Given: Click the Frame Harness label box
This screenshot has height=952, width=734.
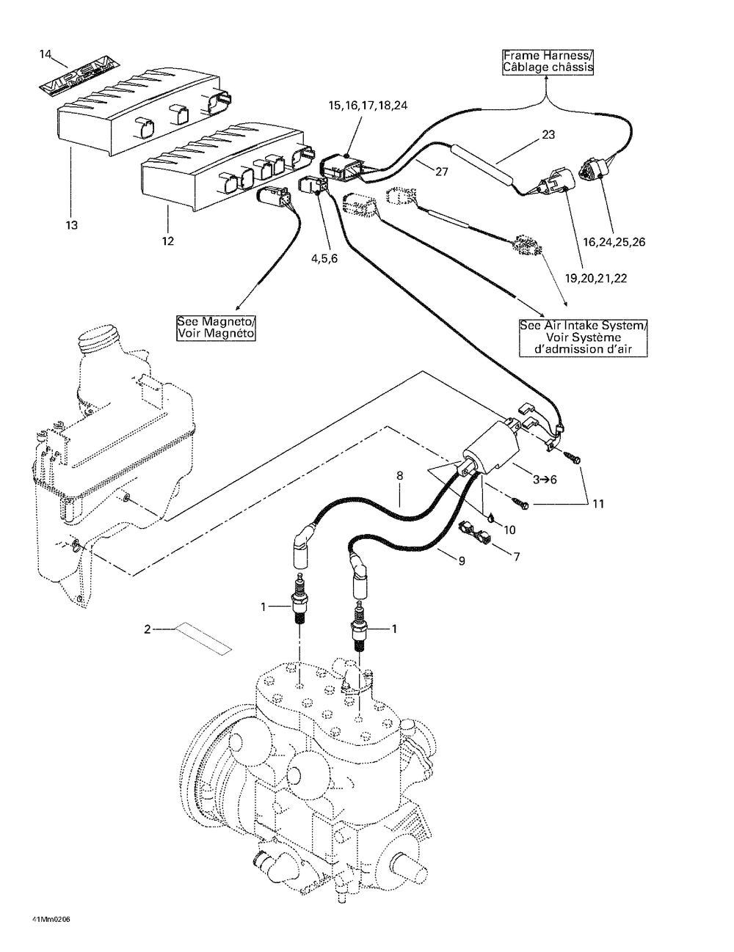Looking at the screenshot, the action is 548,62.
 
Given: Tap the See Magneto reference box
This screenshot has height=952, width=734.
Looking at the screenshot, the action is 215,328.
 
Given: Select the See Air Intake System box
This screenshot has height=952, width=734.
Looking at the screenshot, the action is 584,338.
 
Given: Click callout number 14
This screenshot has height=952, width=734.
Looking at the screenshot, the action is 46,54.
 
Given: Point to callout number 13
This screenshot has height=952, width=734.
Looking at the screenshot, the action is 71,225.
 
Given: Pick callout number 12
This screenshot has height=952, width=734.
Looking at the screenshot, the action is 168,241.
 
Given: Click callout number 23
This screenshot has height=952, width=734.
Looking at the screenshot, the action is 548,134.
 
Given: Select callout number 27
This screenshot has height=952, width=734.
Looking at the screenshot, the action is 442,172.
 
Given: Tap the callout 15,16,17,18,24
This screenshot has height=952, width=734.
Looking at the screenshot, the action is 368,106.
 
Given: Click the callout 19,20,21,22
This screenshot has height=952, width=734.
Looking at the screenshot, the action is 596,278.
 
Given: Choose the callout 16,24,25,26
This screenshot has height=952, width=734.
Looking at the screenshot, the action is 614,242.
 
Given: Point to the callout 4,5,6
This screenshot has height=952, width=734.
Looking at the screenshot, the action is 324,258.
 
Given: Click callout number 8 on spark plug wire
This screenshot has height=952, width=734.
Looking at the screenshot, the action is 399,475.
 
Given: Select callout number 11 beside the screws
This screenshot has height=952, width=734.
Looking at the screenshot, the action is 598,504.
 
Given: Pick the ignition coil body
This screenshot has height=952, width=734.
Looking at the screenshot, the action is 492,447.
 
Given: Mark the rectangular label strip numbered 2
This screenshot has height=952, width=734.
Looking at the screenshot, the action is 203,639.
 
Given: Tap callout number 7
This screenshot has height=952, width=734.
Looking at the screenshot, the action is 517,557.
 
